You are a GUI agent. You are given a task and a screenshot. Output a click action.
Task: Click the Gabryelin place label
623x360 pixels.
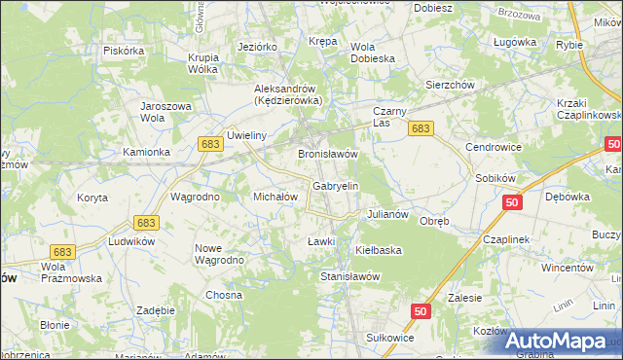click(x=336, y=185)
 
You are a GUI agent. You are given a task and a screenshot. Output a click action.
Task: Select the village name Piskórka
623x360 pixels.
click(x=124, y=51)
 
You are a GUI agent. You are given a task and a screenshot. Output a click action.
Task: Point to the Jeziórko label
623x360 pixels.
click(x=258, y=46)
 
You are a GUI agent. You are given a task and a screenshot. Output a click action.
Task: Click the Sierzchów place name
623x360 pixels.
click(x=450, y=85)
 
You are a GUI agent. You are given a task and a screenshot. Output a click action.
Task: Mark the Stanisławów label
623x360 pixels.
click(x=349, y=276)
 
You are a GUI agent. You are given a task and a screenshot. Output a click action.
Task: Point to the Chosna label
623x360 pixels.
click(x=223, y=295)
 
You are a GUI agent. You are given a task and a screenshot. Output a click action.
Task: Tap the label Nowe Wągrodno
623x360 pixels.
click(x=217, y=254)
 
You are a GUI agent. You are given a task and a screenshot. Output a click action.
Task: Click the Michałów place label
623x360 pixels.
click(x=274, y=196)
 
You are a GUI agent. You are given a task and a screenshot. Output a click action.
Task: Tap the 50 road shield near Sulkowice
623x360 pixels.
click(x=420, y=311)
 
